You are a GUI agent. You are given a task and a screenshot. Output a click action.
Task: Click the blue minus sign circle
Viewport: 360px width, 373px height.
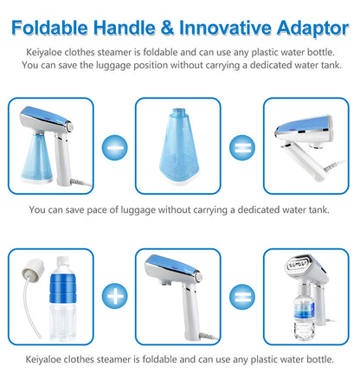[x=114, y=147]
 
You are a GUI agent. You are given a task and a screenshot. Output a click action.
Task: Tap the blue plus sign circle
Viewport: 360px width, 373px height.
[x=114, y=299]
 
